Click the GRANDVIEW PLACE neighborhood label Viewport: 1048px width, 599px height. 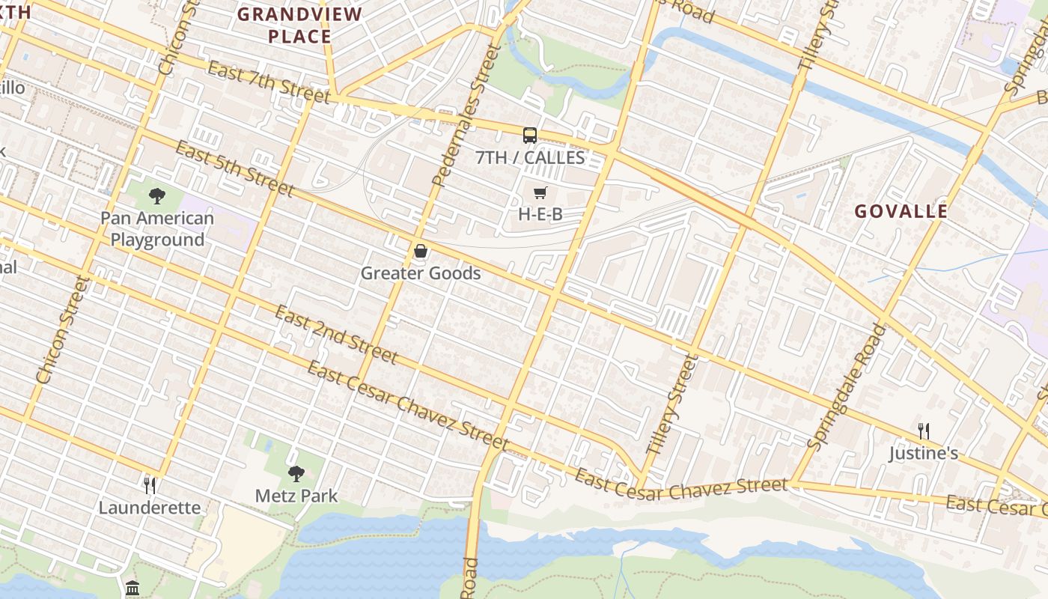click(299, 25)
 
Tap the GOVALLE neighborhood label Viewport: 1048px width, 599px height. click(901, 211)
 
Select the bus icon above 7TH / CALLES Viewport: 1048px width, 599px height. click(530, 136)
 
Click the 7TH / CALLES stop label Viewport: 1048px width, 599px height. click(530, 157)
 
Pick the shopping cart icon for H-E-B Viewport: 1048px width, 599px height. click(540, 193)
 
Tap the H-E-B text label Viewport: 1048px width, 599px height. click(540, 214)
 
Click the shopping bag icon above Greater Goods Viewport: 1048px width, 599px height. click(421, 251)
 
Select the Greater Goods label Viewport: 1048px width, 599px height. click(421, 273)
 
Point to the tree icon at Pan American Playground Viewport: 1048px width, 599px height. click(157, 196)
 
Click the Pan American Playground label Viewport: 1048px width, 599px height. click(157, 229)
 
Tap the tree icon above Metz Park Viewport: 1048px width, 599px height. click(296, 473)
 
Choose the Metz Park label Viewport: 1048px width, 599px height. click(296, 496)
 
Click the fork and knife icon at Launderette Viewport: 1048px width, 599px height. click(150, 486)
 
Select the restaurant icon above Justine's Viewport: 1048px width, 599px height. click(924, 431)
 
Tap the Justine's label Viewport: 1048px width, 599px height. click(924, 454)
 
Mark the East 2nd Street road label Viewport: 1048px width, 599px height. click(335, 334)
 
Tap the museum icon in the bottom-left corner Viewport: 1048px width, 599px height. click(132, 587)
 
